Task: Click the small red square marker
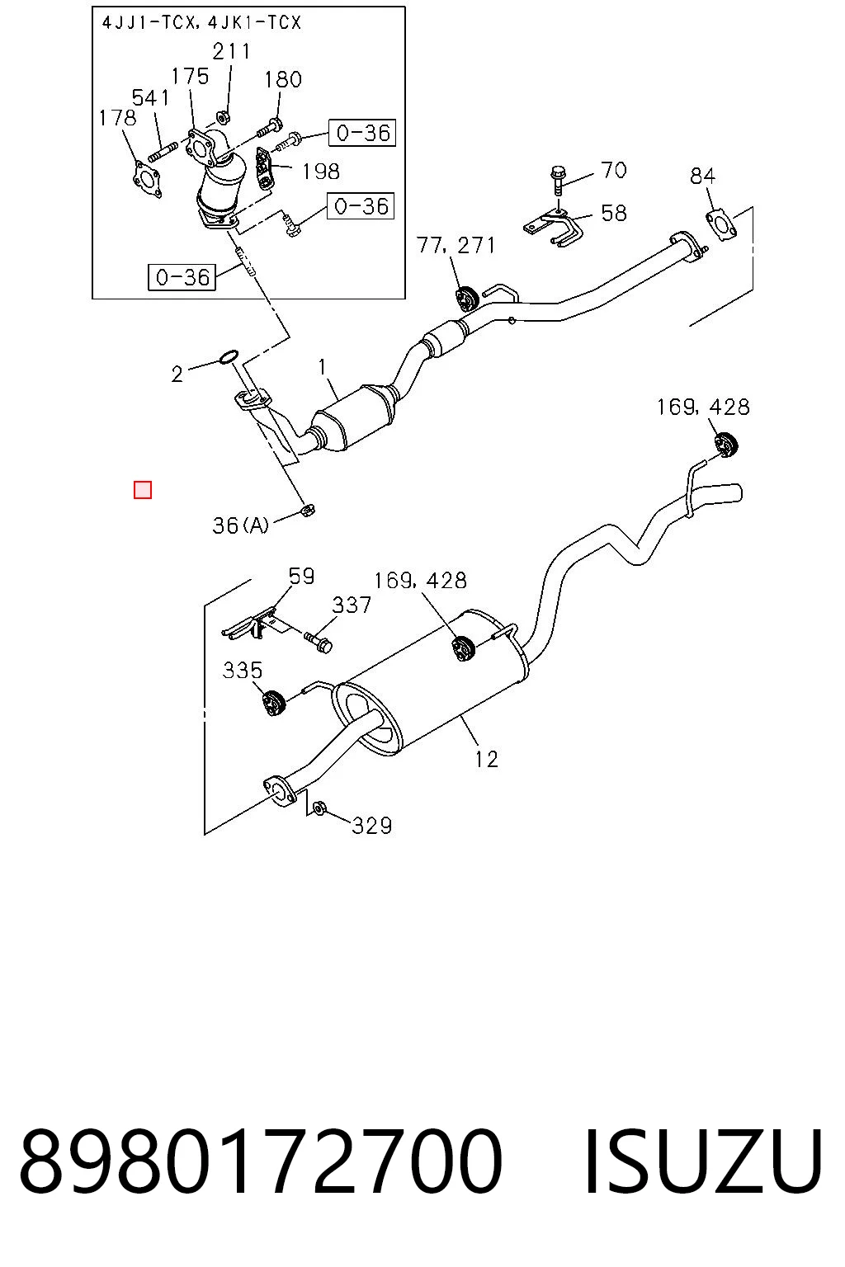[143, 490]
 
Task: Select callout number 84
[702, 176]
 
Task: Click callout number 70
[613, 170]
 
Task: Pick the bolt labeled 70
[558, 180]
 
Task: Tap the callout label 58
[613, 213]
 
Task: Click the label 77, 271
[456, 246]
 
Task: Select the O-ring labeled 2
[228, 357]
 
